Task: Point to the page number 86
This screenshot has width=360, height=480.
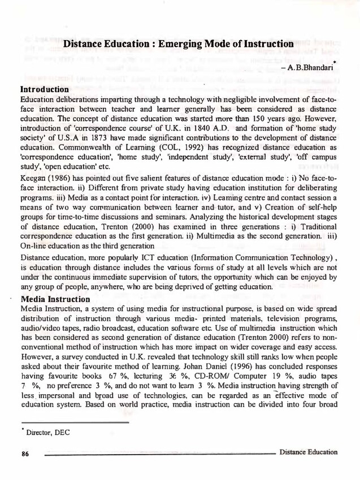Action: [25, 452]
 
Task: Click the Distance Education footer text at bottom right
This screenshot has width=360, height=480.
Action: [308, 452]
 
